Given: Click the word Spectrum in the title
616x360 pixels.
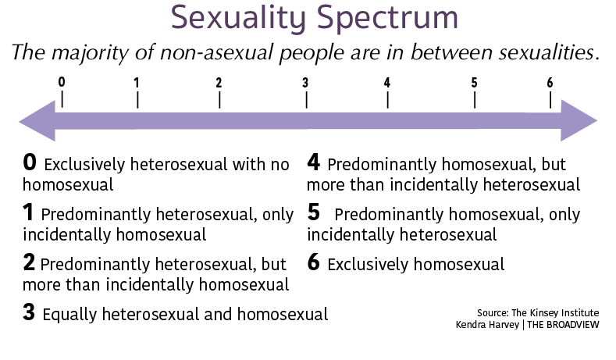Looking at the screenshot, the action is click(x=387, y=19).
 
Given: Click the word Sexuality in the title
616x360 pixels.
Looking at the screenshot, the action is click(x=238, y=19).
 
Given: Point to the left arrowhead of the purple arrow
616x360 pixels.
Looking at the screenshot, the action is click(x=37, y=120).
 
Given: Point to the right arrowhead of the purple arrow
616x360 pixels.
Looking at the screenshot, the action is click(x=579, y=120).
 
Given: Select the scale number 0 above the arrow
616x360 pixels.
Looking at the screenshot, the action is click(x=62, y=82).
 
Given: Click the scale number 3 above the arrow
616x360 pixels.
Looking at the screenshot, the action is click(x=305, y=83).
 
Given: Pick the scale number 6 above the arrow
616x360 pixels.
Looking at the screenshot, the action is click(x=550, y=83).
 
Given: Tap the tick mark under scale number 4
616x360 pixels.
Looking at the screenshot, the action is click(x=387, y=100).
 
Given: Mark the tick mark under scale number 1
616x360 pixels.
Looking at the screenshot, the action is click(x=137, y=100).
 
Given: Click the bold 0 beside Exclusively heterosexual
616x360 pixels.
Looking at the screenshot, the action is click(x=30, y=162).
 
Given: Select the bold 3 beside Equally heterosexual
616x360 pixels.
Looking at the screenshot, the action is click(x=29, y=312).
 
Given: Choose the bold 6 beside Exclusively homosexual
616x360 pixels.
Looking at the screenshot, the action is click(x=314, y=262).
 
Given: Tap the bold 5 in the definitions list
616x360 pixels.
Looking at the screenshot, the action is click(x=314, y=212).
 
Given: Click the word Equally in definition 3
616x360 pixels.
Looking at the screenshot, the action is click(x=69, y=315).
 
